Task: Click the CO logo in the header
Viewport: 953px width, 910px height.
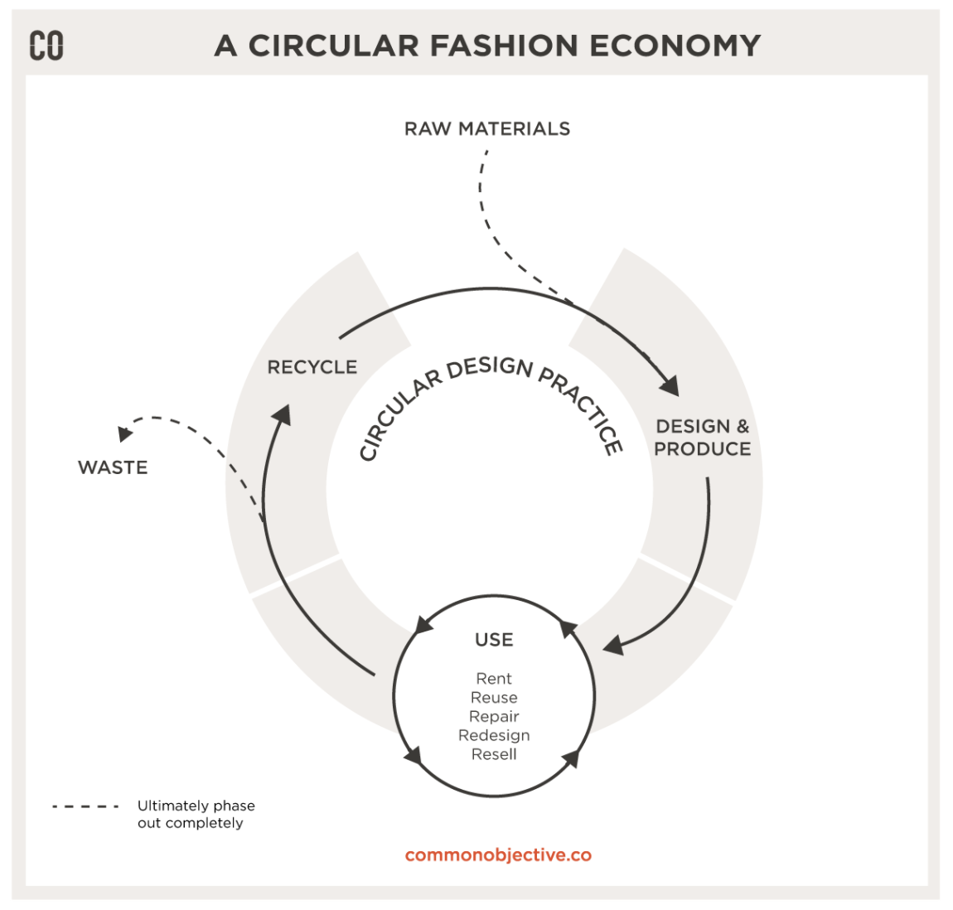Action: [46, 46]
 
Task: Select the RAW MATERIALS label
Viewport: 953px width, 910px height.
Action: [487, 129]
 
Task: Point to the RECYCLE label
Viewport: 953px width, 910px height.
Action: [312, 367]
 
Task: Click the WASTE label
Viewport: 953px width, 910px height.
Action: [113, 468]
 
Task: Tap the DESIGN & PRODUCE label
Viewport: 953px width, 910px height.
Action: [703, 438]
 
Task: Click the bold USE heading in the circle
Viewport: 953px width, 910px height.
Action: [494, 640]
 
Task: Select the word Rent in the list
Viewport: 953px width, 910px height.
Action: [494, 679]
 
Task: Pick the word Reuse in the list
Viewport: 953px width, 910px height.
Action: [494, 698]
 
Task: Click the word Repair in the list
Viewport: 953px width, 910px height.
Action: [494, 717]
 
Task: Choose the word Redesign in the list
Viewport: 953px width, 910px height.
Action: [494, 736]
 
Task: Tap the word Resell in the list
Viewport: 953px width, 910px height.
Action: [494, 755]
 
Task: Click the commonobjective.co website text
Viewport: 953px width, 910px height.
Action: [498, 855]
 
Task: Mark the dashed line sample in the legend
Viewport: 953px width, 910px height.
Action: [85, 806]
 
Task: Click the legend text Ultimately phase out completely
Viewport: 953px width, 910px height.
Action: [196, 814]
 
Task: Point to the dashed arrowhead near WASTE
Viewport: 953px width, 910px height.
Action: [125, 433]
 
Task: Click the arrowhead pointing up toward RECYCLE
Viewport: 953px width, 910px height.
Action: [282, 414]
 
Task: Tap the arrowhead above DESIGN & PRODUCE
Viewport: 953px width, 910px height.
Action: [670, 385]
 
